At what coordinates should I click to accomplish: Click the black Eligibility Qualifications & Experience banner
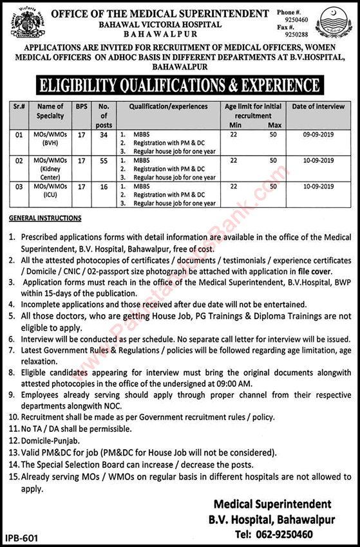tap(179, 84)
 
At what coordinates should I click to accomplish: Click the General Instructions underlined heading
tap(45, 218)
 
